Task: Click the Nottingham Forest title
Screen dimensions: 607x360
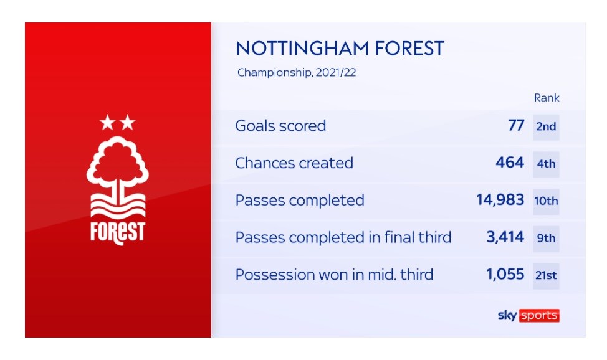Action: [340, 49]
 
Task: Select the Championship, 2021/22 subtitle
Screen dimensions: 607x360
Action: [297, 72]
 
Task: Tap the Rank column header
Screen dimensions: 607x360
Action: [547, 98]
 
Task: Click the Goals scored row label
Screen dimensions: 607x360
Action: [280, 125]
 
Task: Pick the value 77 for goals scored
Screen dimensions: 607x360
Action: [516, 125]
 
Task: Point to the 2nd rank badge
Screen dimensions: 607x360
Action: [546, 126]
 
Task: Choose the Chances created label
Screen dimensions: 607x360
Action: [294, 163]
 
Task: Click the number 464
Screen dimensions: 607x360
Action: [510, 163]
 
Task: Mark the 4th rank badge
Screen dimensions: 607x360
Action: [546, 164]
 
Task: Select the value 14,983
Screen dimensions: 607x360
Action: [500, 200]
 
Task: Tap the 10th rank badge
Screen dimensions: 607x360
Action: [546, 201]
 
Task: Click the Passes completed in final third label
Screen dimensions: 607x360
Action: [343, 237]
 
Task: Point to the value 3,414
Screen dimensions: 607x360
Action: [505, 237]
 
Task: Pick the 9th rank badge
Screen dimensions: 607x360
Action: [546, 239]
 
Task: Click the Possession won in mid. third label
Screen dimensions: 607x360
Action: [334, 275]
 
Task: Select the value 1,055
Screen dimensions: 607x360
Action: [505, 274]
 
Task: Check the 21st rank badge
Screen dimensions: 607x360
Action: [546, 276]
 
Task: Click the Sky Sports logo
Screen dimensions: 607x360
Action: [528, 316]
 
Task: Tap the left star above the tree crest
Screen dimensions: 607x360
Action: [107, 123]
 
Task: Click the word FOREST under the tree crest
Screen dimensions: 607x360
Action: [118, 233]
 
